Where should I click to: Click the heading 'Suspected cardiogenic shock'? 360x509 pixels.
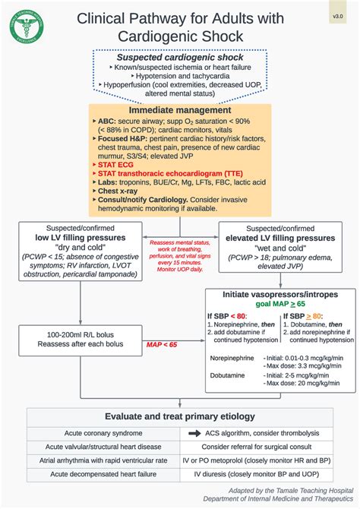click(179, 58)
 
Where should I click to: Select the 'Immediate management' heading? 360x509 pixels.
click(179, 110)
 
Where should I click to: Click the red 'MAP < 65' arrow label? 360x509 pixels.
click(162, 344)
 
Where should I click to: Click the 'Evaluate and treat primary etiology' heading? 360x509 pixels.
click(180, 416)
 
